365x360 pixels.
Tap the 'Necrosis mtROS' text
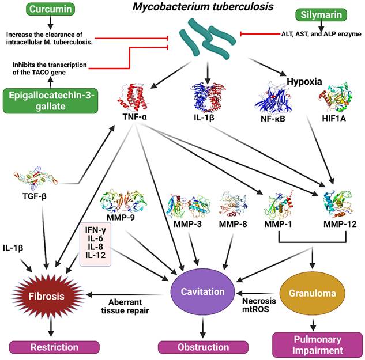click(x=256, y=305)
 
